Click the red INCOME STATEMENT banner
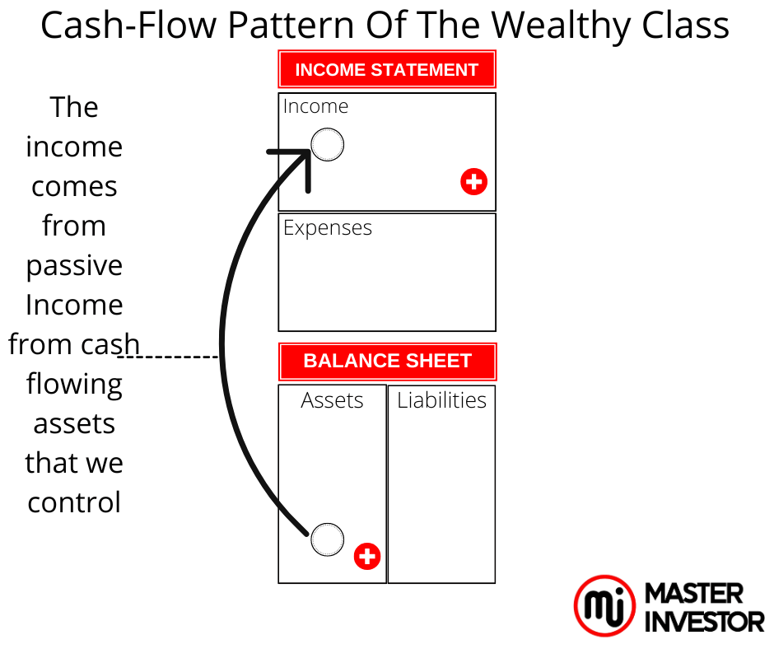click(x=387, y=70)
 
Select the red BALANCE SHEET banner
click(x=387, y=362)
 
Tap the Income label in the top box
click(x=315, y=107)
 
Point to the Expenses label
click(x=328, y=228)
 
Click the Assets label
click(x=332, y=401)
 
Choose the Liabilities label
click(x=441, y=401)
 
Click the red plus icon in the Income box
click(x=473, y=181)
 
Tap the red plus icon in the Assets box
click(x=367, y=556)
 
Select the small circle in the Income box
click(x=327, y=145)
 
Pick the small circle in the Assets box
click(x=327, y=539)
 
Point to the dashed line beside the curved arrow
click(x=169, y=357)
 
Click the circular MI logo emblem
click(x=604, y=606)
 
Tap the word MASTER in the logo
click(x=694, y=593)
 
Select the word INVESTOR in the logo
click(x=704, y=621)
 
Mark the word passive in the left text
click(x=74, y=266)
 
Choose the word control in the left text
click(x=74, y=502)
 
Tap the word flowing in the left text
click(x=74, y=385)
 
